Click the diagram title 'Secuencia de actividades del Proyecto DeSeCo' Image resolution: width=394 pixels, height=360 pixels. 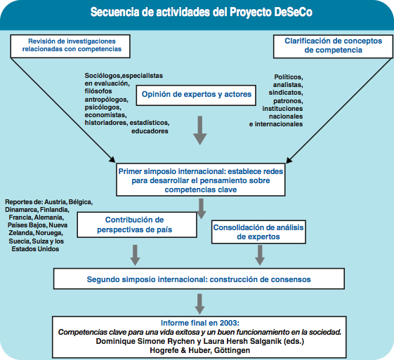pos(202,12)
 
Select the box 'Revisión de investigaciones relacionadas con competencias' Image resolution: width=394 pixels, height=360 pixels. pos(70,46)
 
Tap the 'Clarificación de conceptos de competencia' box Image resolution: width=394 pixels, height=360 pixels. pos(333,47)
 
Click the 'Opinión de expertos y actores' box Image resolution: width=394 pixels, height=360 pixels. pos(196,95)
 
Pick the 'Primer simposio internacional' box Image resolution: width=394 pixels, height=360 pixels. pos(201,180)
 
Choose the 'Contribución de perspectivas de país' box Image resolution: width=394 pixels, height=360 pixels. pos(137,225)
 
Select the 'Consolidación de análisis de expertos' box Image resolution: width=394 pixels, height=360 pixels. pos(258,232)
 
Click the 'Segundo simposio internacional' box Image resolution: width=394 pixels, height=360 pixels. pos(199,279)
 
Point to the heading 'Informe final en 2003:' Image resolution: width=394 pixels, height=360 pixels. pos(200,323)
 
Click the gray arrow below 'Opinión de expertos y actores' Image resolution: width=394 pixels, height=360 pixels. pos(200,131)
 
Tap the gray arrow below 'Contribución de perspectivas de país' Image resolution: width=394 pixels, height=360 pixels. pos(135,255)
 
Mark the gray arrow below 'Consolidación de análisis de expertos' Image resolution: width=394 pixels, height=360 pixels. pos(260,255)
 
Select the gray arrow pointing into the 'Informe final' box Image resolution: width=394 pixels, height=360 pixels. pos(199,304)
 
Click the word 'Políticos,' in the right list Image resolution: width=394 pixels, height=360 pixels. pos(289,77)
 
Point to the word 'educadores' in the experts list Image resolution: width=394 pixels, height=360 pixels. pos(150,131)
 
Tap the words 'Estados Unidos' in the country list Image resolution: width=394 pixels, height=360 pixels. pos(35,249)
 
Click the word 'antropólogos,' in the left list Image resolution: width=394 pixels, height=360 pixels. pos(107,100)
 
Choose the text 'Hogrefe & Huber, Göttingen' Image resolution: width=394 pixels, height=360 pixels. pos(200,350)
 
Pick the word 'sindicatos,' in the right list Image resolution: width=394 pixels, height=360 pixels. pos(286,93)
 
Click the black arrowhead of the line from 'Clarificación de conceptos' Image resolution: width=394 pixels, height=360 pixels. pos(289,161)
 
